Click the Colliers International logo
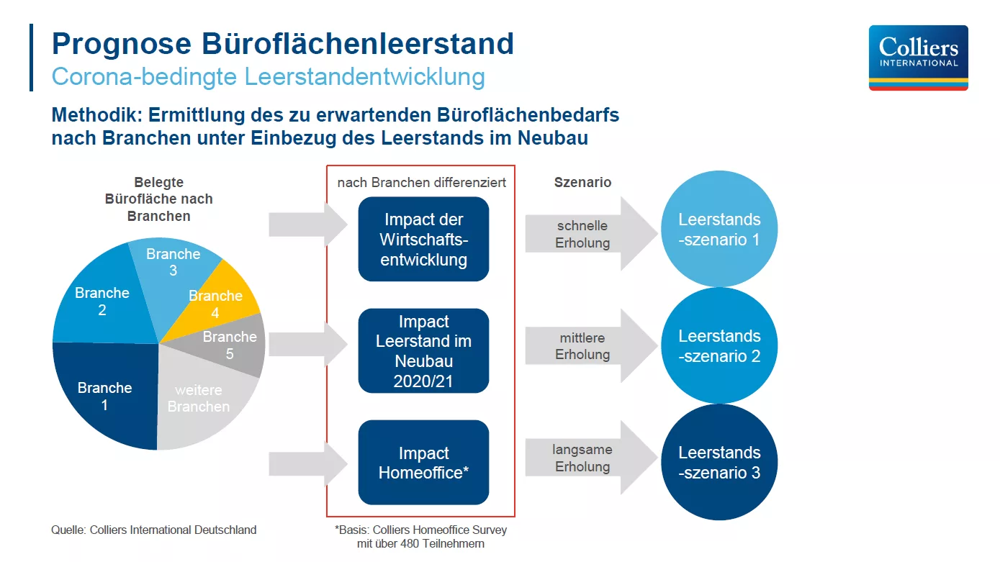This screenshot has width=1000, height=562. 919,58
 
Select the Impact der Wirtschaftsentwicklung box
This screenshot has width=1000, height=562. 423,239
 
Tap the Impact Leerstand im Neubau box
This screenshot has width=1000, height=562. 423,351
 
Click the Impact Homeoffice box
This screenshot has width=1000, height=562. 423,463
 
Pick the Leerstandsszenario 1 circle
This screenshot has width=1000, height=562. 719,229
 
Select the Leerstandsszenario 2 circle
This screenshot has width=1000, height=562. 719,345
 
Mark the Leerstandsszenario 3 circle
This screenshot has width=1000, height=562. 719,462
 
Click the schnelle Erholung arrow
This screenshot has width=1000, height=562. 592,233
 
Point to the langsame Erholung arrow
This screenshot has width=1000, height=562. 592,458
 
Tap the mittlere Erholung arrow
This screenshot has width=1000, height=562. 592,345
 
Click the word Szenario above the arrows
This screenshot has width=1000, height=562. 582,182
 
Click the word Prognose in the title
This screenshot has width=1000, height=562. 122,45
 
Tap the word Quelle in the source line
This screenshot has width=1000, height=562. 68,530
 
